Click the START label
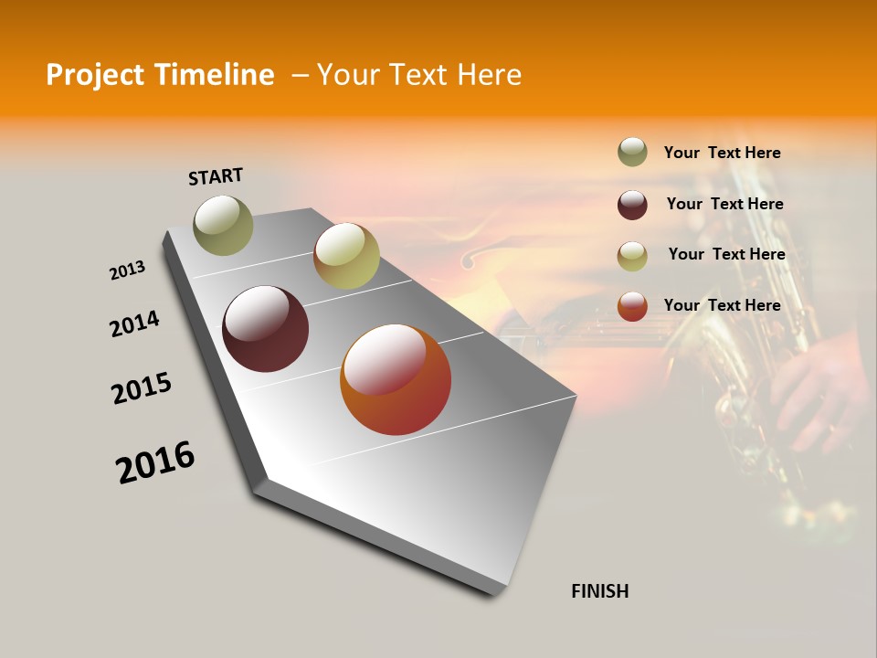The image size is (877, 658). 216,176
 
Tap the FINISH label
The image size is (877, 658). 599,591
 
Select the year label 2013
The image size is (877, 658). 127,271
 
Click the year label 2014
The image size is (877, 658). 134,324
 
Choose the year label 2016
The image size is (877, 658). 155,462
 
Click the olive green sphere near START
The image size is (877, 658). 223,226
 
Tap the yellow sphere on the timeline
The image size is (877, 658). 346,256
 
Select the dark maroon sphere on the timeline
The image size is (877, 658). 265,329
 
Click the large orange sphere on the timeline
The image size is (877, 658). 396,379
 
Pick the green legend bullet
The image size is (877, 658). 632,152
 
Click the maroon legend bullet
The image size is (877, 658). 632,205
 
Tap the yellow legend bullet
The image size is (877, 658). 632,256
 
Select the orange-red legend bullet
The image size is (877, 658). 632,306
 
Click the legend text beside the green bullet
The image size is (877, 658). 722,153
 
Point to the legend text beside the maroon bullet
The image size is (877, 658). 724,204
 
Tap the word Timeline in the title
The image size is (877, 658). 214,75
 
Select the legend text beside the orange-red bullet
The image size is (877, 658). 722,305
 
